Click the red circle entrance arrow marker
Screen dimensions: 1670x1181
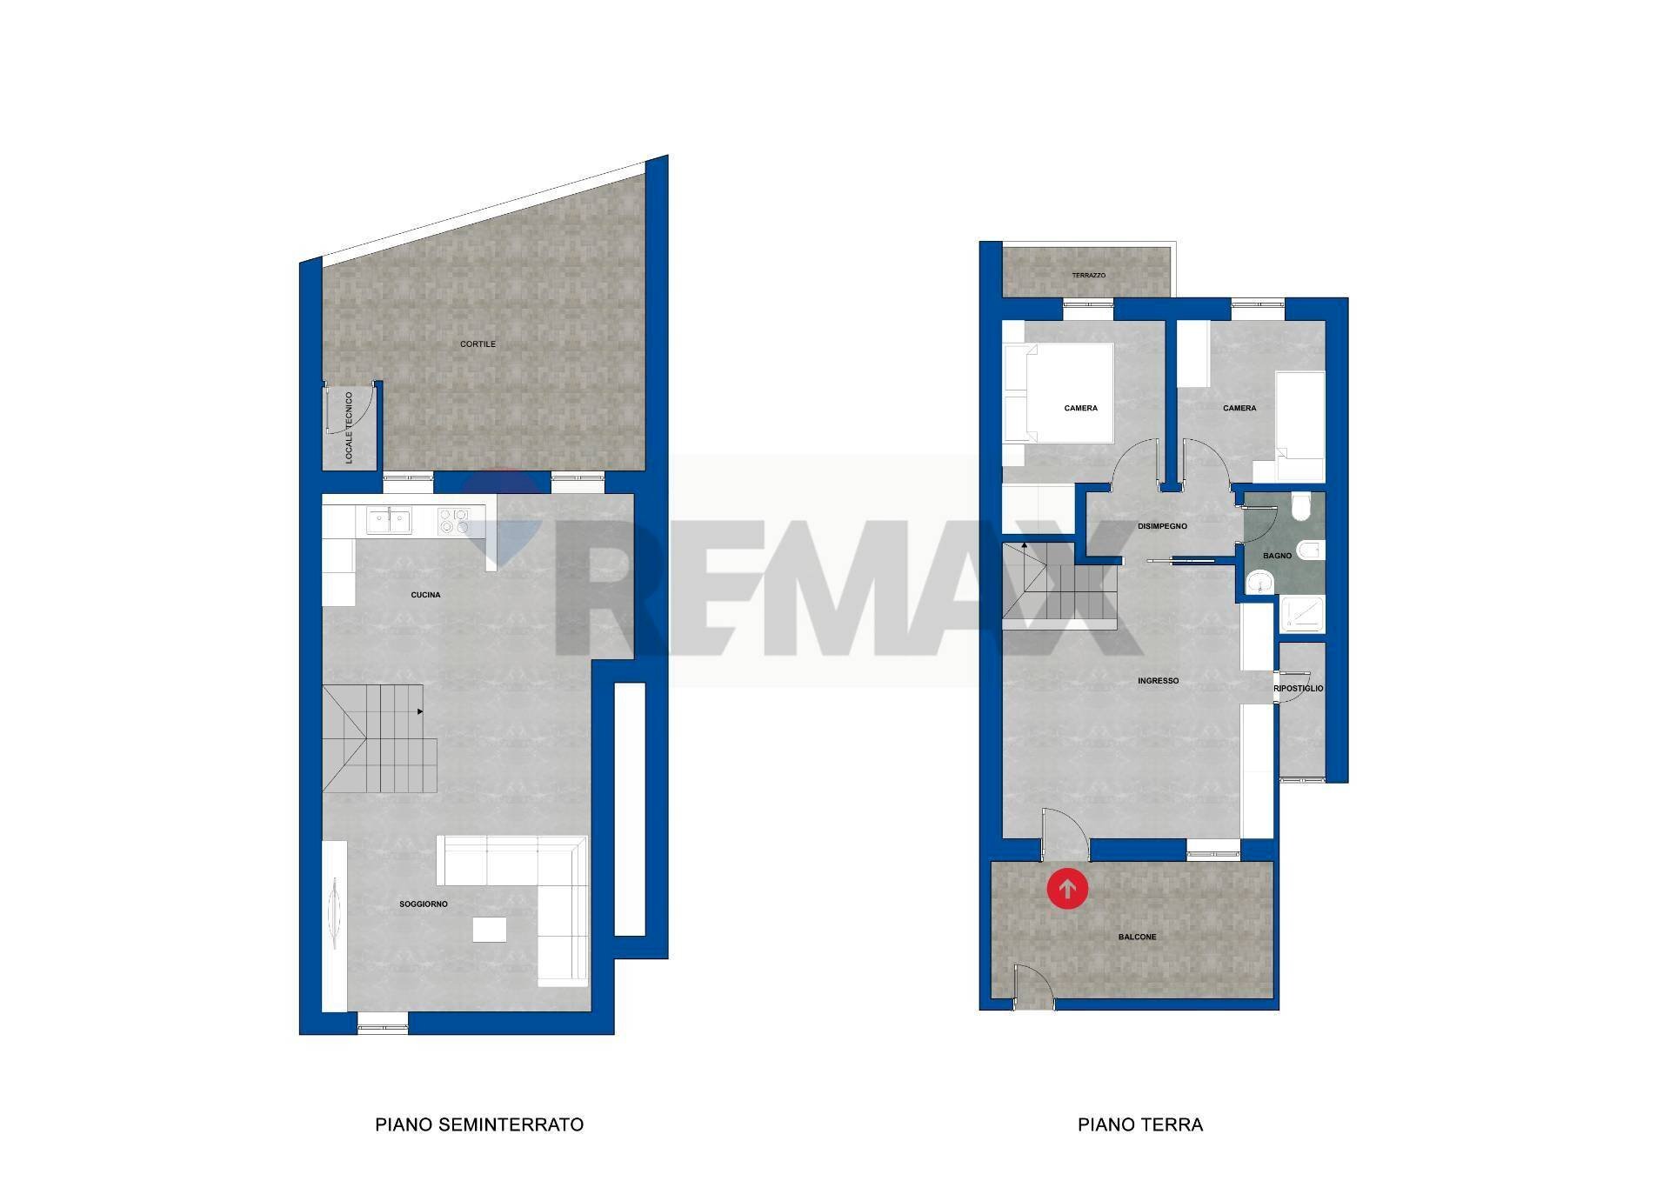tap(1067, 889)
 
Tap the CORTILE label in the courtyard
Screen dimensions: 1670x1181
tap(478, 344)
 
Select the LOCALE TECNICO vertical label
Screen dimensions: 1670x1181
tap(350, 427)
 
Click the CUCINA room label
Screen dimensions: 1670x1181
tap(426, 595)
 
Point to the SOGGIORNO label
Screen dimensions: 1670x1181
tap(424, 904)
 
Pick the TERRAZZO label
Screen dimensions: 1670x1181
tap(1089, 276)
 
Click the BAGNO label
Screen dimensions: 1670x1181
tap(1278, 556)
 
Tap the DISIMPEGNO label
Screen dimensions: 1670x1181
tap(1162, 526)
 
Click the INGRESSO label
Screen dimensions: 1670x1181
tap(1159, 681)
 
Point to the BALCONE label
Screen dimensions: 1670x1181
tap(1138, 937)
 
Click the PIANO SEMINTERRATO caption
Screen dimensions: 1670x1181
tap(479, 1124)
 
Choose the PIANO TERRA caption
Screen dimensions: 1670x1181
tap(1140, 1124)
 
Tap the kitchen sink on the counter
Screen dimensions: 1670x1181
tap(389, 520)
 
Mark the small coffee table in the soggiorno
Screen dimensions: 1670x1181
tap(490, 930)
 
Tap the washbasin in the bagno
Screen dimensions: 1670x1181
tap(1258, 583)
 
